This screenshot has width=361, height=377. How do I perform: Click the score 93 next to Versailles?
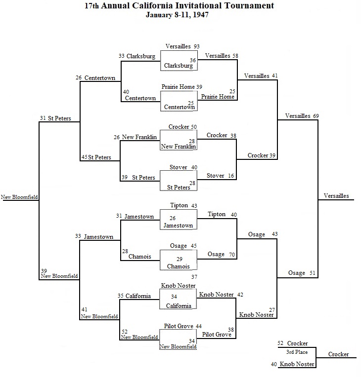[x=197, y=46]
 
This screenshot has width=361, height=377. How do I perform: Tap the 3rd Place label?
[x=297, y=352]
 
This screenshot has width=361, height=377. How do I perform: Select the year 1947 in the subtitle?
[x=201, y=15]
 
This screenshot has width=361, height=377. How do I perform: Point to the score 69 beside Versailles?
[x=316, y=116]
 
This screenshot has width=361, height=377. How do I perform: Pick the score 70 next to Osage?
[x=232, y=255]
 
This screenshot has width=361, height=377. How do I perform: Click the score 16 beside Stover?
[x=231, y=176]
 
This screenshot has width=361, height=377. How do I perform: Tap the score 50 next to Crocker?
[x=194, y=127]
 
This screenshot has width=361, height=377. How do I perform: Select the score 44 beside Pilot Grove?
[x=199, y=326]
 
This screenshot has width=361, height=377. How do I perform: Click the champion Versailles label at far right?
[x=336, y=196]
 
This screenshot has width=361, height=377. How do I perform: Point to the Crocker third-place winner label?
[x=338, y=354]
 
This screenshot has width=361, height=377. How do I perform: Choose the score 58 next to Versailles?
[x=235, y=56]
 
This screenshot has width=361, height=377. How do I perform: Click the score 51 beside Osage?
[x=313, y=273]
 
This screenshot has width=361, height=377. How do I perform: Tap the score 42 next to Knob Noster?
[x=240, y=295]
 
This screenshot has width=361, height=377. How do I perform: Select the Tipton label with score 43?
[x=179, y=205]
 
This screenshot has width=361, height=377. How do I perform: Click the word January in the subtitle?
[x=159, y=15]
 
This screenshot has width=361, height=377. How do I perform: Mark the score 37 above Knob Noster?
[x=194, y=277]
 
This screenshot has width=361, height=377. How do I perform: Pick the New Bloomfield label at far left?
[x=19, y=197]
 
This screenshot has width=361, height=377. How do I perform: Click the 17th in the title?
[x=91, y=5]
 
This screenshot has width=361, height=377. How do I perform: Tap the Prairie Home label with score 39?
[x=178, y=87]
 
